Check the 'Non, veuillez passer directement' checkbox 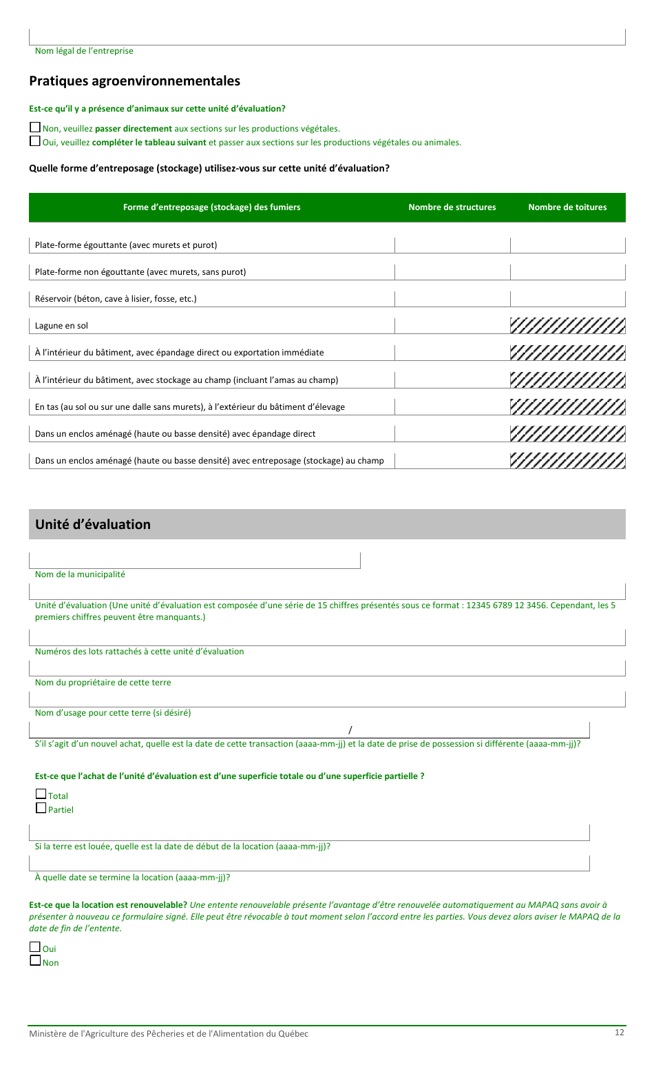[35, 127]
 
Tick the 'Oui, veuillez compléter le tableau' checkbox [35, 141]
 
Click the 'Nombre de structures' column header [452, 207]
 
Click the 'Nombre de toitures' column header [567, 207]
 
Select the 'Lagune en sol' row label [62, 326]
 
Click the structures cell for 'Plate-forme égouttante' [452, 245]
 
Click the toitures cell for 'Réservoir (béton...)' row [567, 299]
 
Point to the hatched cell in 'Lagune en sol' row [567, 326]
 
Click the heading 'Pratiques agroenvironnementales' [134, 81]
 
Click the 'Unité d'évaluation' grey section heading [93, 524]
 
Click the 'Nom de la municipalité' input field [195, 561]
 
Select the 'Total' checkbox [41, 794]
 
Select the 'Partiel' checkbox [41, 808]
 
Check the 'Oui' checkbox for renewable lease [35, 947]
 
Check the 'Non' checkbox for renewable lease [35, 961]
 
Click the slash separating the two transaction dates [350, 730]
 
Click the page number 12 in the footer [620, 1032]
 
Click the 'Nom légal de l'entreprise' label [84, 51]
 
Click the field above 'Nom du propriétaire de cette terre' [327, 668]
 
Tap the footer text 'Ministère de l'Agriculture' [169, 1034]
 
